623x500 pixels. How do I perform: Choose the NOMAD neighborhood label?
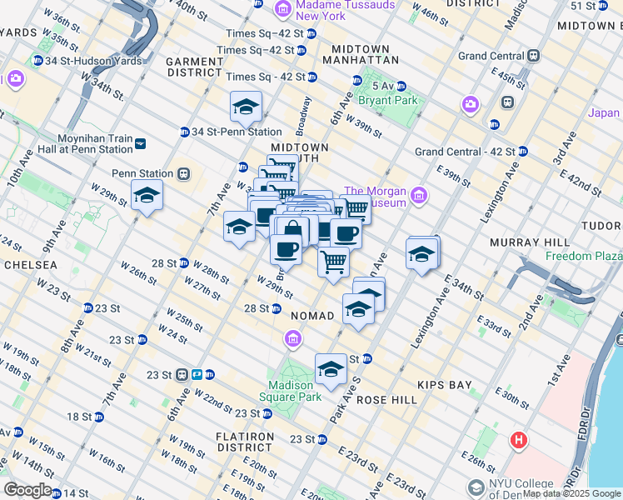[x=312, y=316]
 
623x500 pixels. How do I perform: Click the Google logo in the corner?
[x=27, y=490]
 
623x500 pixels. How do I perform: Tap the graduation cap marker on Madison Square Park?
[x=331, y=368]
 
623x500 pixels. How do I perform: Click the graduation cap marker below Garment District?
[x=246, y=107]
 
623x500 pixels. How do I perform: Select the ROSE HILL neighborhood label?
[x=386, y=400]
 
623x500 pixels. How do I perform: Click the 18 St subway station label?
[x=79, y=416]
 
